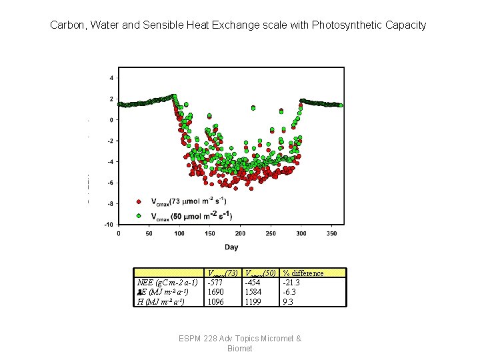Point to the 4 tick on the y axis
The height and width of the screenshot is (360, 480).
(x=111, y=78)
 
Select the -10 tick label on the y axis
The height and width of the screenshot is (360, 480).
(x=109, y=224)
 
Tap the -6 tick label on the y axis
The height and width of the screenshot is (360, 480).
(x=110, y=183)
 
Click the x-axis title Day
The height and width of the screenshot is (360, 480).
(x=231, y=247)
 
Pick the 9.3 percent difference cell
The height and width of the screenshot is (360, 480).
(x=288, y=301)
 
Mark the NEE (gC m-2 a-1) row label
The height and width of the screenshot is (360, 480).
(x=167, y=283)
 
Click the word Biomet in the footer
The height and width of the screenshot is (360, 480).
(x=240, y=349)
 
